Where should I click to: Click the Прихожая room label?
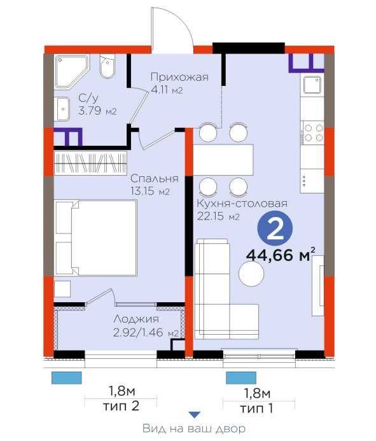[179, 77]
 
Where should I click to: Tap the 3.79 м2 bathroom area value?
[97, 111]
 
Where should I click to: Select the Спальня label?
[155, 178]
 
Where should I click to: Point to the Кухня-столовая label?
[242, 203]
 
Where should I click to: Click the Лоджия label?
[136, 319]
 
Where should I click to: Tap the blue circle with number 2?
[275, 229]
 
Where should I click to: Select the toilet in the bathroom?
[107, 67]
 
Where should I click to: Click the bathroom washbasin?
[63, 109]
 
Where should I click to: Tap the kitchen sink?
[312, 85]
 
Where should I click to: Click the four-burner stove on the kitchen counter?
[314, 132]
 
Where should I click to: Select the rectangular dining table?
[223, 160]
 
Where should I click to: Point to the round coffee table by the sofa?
[251, 274]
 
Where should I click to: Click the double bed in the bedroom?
[97, 237]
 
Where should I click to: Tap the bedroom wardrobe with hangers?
[90, 163]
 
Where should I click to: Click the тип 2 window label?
[122, 406]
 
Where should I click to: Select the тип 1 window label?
[256, 408]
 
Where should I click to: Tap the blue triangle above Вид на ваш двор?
[194, 414]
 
